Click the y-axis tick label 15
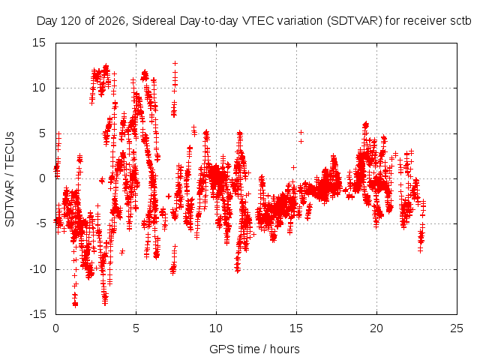click(x=39, y=43)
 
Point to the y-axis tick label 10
click(x=39, y=88)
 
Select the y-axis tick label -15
click(x=37, y=314)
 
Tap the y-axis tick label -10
click(x=37, y=269)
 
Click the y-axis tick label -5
click(x=40, y=223)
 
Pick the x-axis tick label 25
click(x=457, y=328)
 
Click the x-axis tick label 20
click(x=376, y=328)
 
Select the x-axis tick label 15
click(x=296, y=328)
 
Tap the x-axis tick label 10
click(x=216, y=328)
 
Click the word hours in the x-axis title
click(x=285, y=349)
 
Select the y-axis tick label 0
click(x=43, y=178)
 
